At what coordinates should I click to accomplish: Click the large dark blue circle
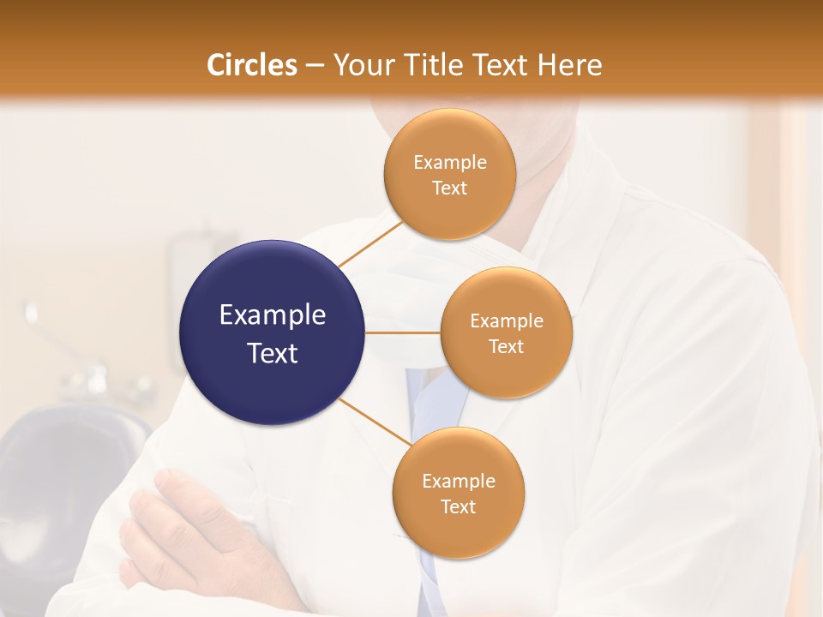pos(273,332)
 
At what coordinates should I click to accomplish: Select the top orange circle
pos(450,174)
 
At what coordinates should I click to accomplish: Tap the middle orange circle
pos(507,332)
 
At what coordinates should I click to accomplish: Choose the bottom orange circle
pos(459,493)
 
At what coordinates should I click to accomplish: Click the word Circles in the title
pos(252,65)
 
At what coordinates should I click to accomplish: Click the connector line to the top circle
pos(370,243)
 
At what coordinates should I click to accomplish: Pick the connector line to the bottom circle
pos(374,422)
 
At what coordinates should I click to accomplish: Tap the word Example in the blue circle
pos(273,315)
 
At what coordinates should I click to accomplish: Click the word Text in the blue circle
pos(273,353)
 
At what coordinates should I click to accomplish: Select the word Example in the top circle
pos(450,163)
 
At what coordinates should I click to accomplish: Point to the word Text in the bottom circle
pos(458,506)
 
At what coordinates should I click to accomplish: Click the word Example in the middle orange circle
pos(507,321)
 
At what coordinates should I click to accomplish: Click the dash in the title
pos(315,66)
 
